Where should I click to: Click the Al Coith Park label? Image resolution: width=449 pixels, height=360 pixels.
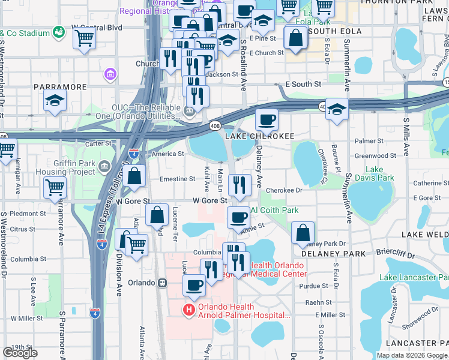[274, 210]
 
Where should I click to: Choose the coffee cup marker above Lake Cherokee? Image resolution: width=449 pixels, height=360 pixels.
[267, 120]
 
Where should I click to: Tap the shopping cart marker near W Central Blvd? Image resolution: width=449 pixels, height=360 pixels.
[85, 40]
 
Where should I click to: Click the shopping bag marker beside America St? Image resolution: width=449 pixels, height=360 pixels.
[135, 176]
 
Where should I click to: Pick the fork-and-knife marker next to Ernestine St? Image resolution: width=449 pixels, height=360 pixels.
[240, 187]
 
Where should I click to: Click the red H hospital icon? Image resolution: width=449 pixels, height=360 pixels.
[188, 310]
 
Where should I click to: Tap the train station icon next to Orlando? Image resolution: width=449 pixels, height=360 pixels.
[161, 283]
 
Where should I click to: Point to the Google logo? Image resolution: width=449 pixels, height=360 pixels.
[20, 353]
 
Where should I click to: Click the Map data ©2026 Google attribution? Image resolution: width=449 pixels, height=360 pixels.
[412, 355]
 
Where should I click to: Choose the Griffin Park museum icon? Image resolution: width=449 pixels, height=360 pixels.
[104, 165]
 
